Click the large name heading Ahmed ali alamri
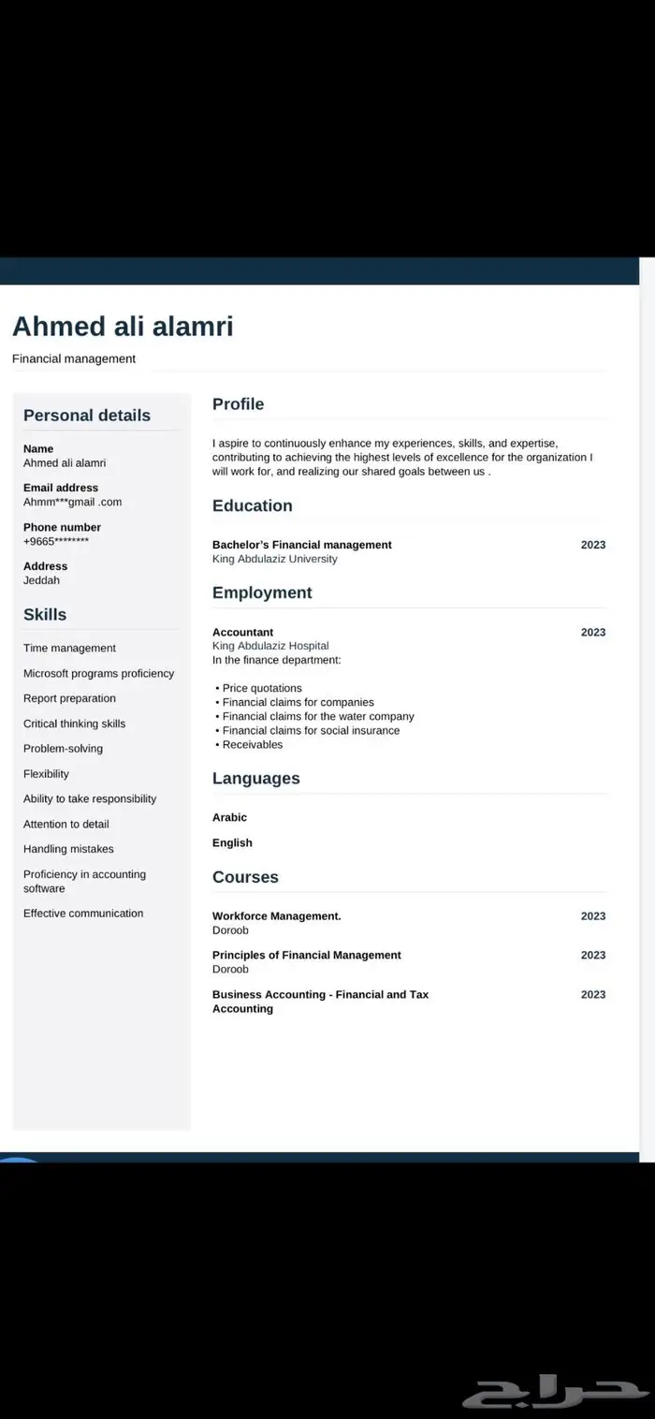tap(123, 327)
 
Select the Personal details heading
tap(86, 416)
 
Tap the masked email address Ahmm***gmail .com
tap(72, 502)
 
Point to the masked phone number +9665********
tap(56, 541)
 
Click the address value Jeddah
tap(41, 580)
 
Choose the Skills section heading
tap(45, 615)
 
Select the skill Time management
tap(69, 648)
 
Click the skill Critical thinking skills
tap(74, 724)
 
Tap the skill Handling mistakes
tap(68, 849)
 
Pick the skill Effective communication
tap(83, 914)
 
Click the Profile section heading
tap(238, 404)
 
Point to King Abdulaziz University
tap(274, 559)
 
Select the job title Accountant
tap(242, 632)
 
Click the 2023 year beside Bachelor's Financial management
tap(592, 545)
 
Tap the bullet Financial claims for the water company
tap(318, 716)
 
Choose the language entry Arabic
tap(229, 817)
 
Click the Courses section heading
tap(245, 877)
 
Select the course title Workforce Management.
tap(276, 916)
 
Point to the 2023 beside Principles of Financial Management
tap(592, 956)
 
